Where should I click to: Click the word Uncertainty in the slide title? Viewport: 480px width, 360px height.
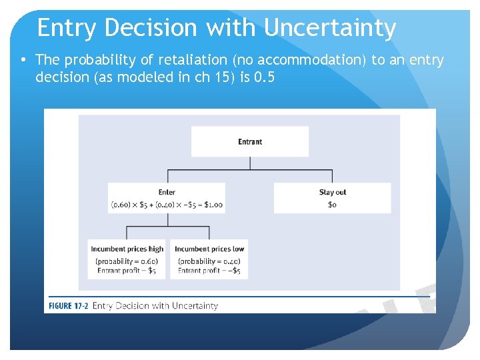pos(330,28)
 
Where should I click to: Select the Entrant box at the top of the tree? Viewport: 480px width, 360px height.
pos(250,141)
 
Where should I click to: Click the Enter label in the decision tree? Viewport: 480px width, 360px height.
pos(167,192)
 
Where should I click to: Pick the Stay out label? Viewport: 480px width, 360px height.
pos(333,192)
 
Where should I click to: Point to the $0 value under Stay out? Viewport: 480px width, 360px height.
pos(332,204)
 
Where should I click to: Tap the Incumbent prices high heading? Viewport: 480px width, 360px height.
pos(127,249)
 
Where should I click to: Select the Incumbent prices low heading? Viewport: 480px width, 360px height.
pos(209,249)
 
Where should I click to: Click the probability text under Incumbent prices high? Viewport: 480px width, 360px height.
pos(127,261)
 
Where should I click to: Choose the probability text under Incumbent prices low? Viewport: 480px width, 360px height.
pos(209,261)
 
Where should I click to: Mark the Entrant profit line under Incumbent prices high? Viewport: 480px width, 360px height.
pos(127,271)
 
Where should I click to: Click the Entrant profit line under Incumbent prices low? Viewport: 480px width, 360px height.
pos(209,271)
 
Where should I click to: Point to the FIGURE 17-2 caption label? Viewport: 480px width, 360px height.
pos(67,306)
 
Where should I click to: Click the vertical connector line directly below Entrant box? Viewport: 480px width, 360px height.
pos(250,163)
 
